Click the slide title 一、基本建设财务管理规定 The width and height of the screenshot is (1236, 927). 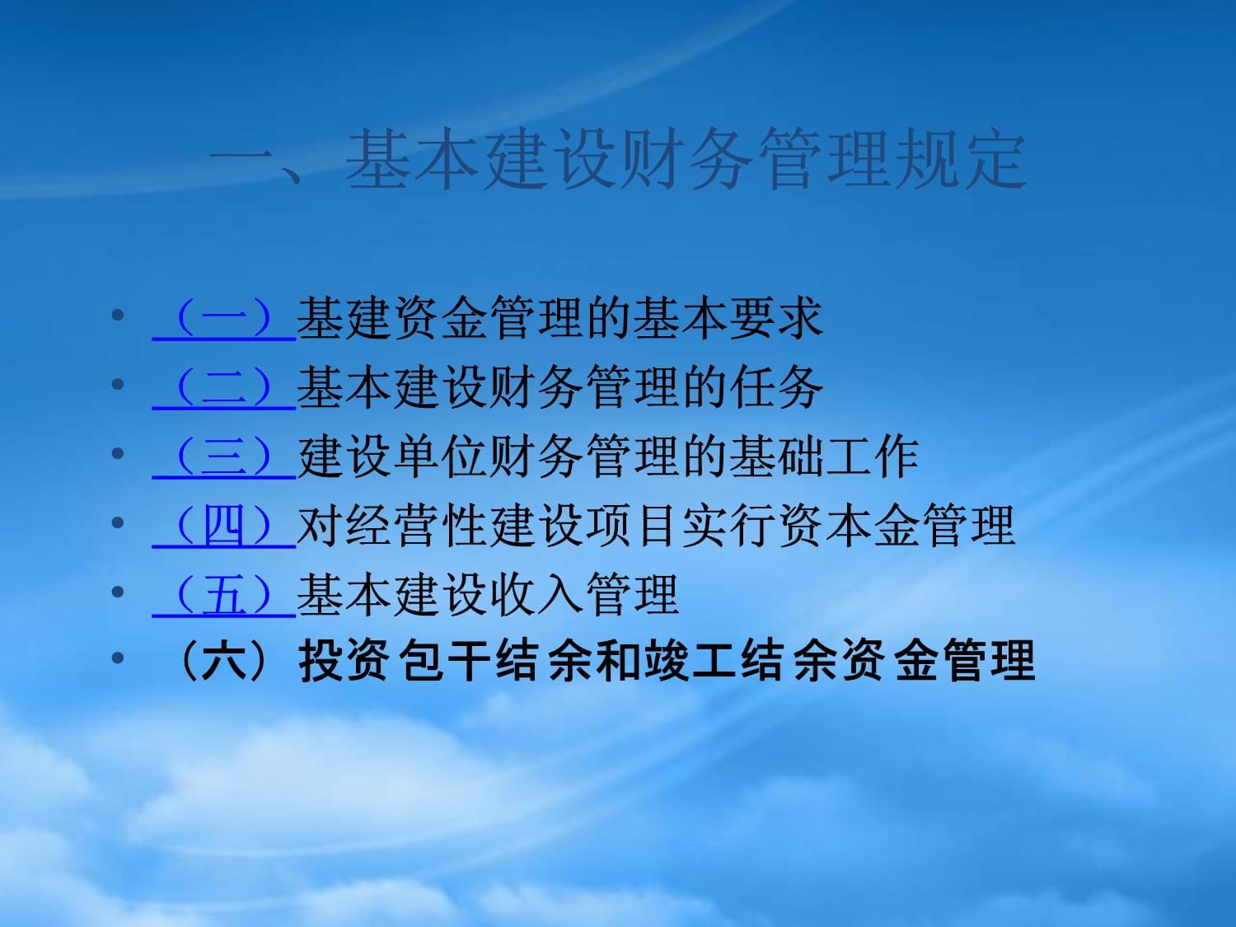618,159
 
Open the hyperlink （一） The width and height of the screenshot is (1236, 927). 224,319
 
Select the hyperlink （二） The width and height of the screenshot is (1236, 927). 224,388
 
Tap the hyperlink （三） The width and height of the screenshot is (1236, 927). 224,457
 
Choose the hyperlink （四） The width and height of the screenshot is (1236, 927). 224,527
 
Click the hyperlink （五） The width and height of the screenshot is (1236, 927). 224,596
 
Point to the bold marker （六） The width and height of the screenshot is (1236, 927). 223,660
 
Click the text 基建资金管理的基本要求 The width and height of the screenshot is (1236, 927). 559,319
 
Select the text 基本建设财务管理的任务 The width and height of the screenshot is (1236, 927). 559,388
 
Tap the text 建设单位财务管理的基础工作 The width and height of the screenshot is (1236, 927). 608,457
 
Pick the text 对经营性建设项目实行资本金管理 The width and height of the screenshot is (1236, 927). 656,527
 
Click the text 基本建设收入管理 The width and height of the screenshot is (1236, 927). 488,596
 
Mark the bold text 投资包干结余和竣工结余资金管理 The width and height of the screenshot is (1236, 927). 667,660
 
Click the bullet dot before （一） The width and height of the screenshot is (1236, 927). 118,315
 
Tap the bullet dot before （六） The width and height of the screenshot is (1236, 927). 118,658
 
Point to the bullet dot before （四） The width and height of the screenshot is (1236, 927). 118,522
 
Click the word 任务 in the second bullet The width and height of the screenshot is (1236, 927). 775,388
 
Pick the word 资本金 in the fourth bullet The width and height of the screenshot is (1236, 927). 848,527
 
